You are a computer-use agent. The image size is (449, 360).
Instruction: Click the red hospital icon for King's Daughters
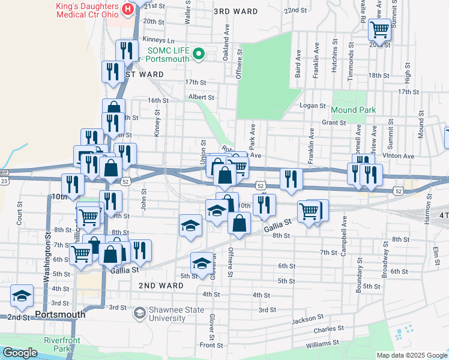[x=127, y=10]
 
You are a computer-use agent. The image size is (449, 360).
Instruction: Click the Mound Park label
[x=353, y=110]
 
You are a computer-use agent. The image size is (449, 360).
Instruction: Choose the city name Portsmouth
[x=60, y=314]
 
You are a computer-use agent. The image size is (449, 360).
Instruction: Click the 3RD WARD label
[x=236, y=11]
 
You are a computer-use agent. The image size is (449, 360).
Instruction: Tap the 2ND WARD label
[x=161, y=286]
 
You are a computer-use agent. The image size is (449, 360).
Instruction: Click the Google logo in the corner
[x=20, y=353]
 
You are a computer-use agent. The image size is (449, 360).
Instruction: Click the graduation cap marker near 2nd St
[x=22, y=296]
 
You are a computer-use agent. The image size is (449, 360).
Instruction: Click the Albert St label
[x=200, y=97]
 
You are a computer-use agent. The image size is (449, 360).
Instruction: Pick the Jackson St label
[x=307, y=319]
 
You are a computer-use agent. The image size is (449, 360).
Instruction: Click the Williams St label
[x=322, y=344]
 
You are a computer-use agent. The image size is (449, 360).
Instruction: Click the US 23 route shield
[x=4, y=180]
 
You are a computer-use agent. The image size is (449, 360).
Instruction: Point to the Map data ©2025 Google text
[x=411, y=355]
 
